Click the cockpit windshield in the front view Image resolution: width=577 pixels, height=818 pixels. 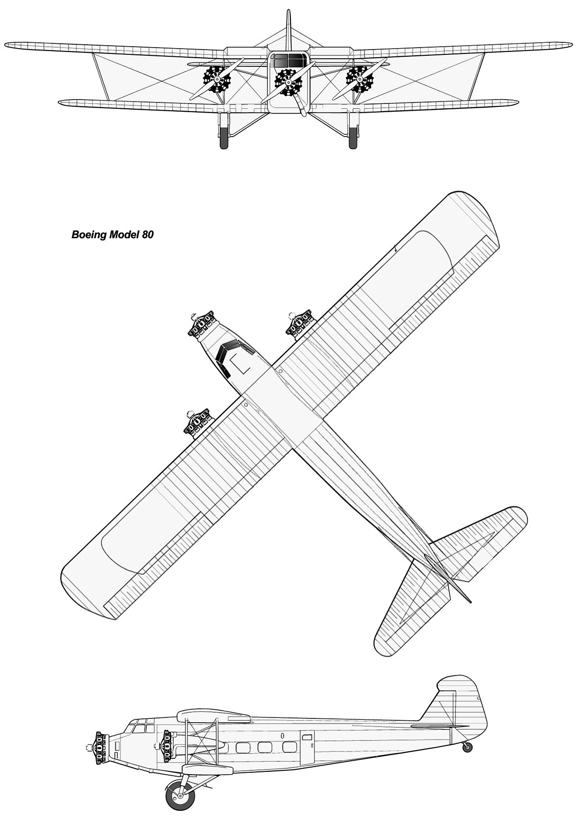pyautogui.click(x=288, y=61)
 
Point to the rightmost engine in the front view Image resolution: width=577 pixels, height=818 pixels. pyautogui.click(x=359, y=79)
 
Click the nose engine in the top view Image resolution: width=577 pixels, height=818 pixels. pyautogui.click(x=201, y=326)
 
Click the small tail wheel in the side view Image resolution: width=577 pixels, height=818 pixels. pyautogui.click(x=467, y=746)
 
